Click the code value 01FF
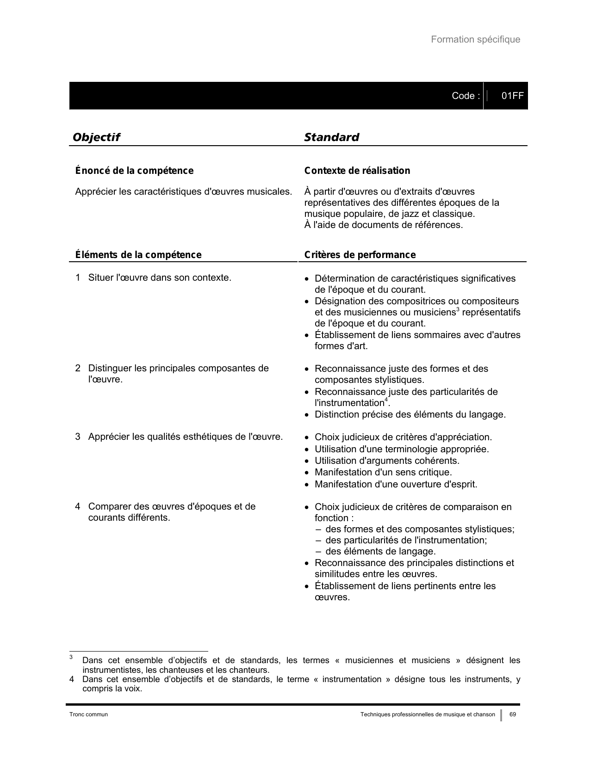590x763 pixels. point(512,96)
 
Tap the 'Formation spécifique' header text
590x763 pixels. point(475,40)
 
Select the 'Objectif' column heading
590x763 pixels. point(96,137)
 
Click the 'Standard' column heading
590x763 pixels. point(331,137)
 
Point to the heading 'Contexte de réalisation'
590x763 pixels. point(357,171)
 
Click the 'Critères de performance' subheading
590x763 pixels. point(360,255)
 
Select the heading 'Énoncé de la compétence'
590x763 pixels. point(134,171)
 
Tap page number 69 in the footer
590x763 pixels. point(513,714)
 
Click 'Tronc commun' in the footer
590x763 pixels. point(88,714)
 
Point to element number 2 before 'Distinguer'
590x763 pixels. point(78,369)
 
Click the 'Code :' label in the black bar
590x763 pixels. point(466,96)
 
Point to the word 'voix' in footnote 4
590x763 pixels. point(133,689)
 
